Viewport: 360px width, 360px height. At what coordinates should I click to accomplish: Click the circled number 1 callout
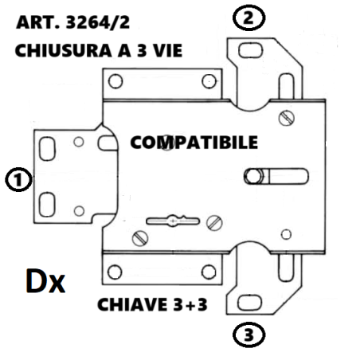pos(18,179)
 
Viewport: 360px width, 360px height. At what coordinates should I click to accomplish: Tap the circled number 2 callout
pos(248,18)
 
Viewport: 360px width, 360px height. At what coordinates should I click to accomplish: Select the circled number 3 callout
pos(248,335)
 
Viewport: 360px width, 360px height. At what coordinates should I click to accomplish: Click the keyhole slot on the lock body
pos(173,221)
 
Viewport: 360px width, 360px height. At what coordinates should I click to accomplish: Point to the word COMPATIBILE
pos(194,143)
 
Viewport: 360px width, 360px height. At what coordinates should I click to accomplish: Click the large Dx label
pos(45,281)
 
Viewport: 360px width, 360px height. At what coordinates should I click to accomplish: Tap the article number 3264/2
pos(98,22)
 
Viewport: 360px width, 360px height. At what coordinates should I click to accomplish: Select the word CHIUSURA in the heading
pos(63,50)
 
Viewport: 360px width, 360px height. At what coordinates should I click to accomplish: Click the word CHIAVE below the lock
pos(132,304)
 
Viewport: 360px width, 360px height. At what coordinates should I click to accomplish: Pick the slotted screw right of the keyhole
pos(214,223)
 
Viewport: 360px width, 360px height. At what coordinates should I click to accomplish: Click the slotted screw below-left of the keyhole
pos(140,238)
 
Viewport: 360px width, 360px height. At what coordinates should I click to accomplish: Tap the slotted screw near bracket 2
pos(287,118)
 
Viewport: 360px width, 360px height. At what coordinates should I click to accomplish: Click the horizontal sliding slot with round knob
pos(276,176)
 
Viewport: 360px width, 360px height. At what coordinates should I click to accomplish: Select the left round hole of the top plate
pos(115,81)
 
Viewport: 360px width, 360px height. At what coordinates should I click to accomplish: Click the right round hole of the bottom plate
pos(209,272)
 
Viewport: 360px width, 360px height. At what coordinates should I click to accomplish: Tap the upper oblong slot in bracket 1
pos(47,149)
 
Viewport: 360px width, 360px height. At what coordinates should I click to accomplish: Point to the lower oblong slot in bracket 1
pos(47,205)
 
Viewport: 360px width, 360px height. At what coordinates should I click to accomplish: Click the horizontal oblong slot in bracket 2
pos(250,50)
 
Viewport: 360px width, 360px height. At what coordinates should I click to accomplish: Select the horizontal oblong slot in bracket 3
pos(249,303)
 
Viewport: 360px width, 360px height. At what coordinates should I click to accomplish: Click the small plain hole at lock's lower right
pos(286,234)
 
